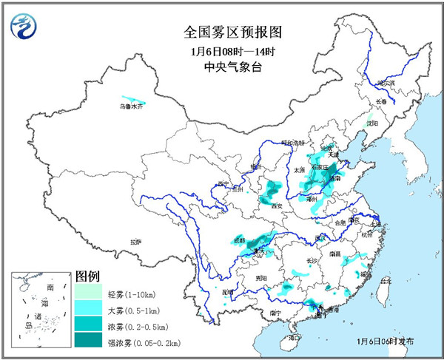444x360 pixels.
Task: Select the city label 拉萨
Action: [135, 242]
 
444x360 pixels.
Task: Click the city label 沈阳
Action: [371, 123]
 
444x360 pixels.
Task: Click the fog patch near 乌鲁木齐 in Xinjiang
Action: [133, 99]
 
